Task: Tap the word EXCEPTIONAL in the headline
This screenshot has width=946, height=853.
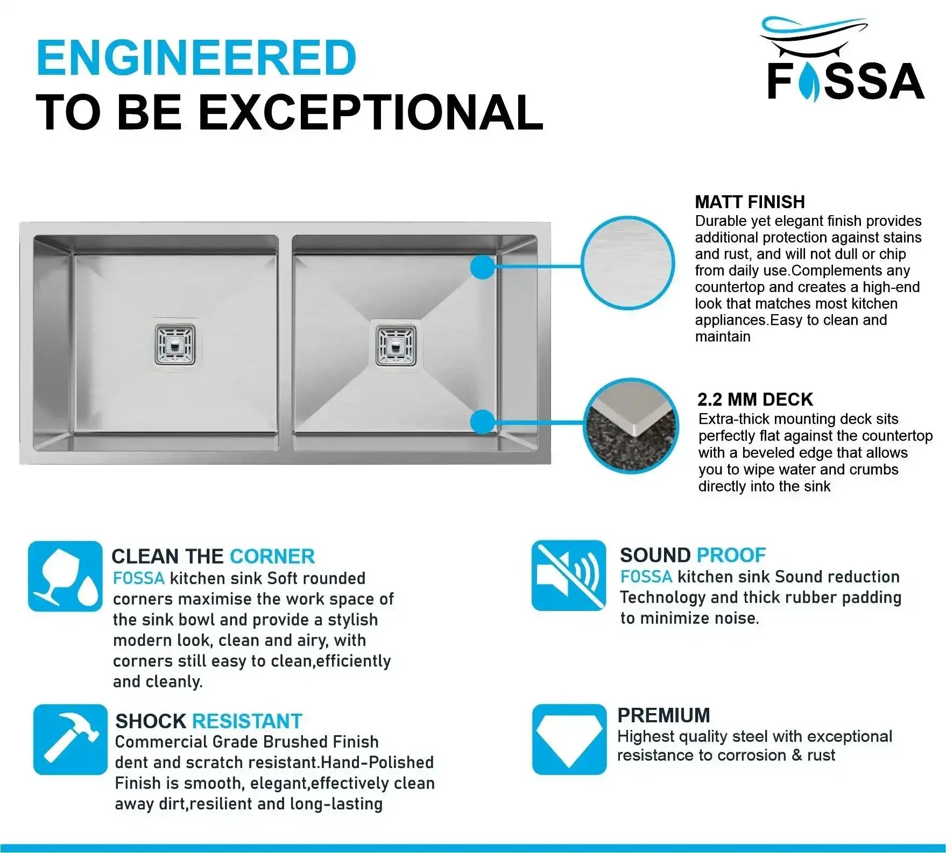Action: [371, 112]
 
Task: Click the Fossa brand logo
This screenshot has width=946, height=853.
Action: [844, 59]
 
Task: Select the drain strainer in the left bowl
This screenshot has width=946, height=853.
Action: [175, 344]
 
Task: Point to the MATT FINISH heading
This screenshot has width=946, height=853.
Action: [750, 202]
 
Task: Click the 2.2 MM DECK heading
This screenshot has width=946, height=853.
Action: [755, 400]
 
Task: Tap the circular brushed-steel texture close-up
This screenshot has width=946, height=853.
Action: [627, 263]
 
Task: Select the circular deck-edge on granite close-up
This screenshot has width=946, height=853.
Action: [631, 426]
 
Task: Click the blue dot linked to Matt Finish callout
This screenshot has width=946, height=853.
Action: [483, 267]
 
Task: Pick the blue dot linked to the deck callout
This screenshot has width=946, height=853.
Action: [483, 422]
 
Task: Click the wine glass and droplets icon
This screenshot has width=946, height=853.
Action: [65, 577]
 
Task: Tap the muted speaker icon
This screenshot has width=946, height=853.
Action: [569, 575]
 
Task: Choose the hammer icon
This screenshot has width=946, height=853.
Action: [70, 740]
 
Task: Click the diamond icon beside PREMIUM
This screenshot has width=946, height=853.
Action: [569, 740]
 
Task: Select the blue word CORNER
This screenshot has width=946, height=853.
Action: [272, 557]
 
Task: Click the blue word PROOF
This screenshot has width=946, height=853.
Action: [731, 555]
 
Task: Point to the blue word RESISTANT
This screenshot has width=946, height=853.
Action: [247, 721]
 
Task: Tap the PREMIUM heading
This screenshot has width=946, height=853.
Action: [663, 715]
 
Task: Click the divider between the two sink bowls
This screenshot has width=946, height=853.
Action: [286, 343]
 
